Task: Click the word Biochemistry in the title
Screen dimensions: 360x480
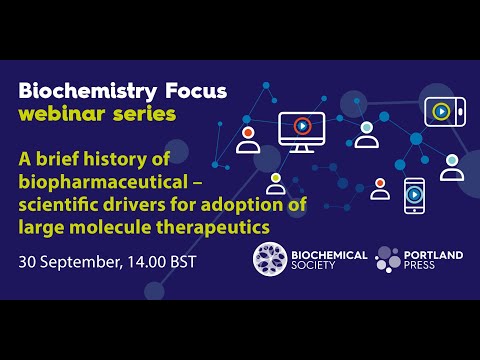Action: click(81, 91)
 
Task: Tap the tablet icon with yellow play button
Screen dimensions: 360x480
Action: click(440, 110)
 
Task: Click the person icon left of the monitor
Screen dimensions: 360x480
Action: click(247, 139)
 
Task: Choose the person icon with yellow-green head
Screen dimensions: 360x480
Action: click(275, 184)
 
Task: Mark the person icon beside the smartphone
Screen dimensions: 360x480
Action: click(380, 188)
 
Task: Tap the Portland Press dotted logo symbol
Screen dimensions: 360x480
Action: click(388, 260)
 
